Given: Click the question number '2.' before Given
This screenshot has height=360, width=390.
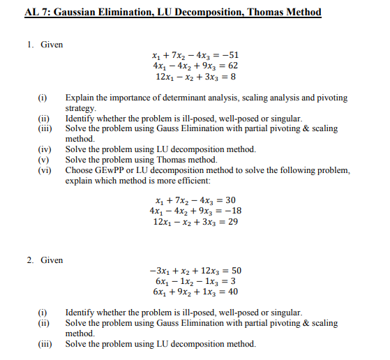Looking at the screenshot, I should coord(31,260).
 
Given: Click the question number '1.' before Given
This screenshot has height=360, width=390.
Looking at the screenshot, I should coord(31,45).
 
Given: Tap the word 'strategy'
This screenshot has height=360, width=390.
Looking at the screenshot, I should coord(80,109).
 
